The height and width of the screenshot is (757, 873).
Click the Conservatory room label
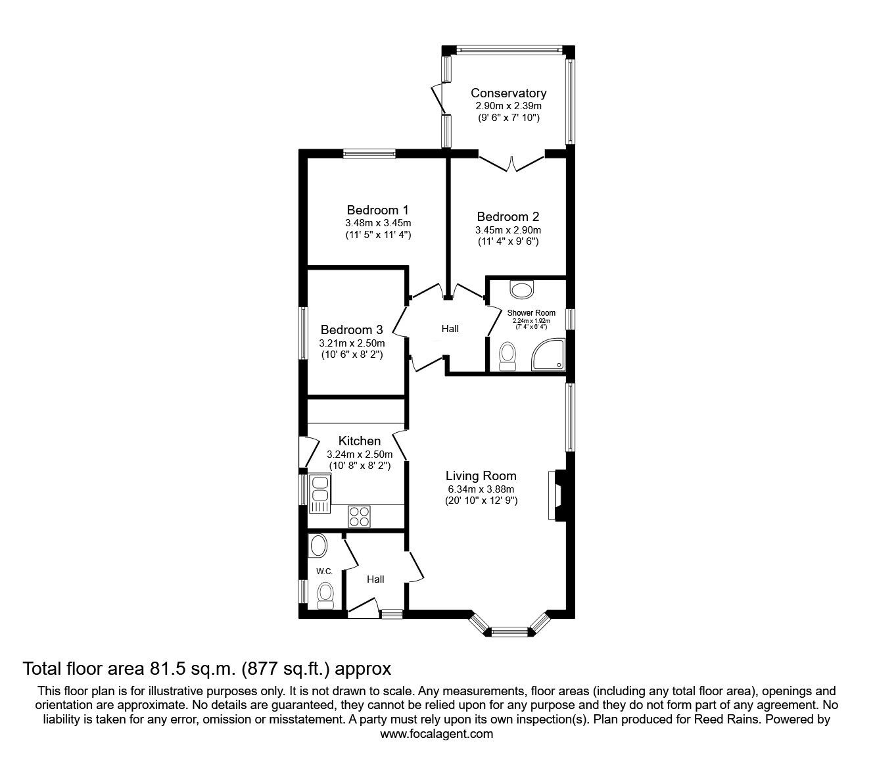coord(508,93)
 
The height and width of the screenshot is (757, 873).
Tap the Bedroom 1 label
coord(377,210)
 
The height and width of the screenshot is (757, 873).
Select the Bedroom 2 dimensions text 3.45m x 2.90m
coord(508,230)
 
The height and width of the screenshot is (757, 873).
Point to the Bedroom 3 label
coord(351,330)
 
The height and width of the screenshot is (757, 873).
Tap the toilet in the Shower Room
coord(507,356)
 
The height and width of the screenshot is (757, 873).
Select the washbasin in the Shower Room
coord(523,289)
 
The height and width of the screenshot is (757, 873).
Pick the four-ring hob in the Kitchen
coord(359,516)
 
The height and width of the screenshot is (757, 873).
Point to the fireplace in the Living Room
coord(554,495)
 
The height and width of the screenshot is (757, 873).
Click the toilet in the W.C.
coord(325,595)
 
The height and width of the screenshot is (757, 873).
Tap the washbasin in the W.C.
coord(318,546)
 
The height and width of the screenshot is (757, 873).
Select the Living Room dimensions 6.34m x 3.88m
coord(481,489)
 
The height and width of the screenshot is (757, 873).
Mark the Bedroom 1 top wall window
coord(369,155)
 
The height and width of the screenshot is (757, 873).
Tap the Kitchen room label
coord(360,441)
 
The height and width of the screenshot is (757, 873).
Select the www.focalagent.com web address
coord(436,734)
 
